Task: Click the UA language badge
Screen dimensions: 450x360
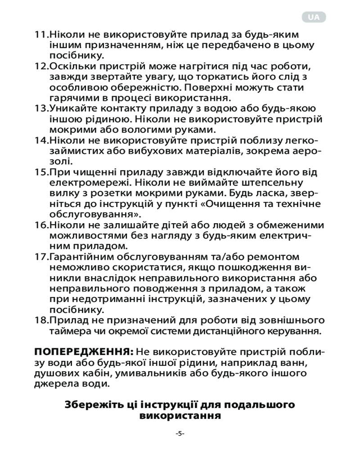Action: point(314,17)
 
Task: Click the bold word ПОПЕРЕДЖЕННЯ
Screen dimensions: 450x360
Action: point(83,351)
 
